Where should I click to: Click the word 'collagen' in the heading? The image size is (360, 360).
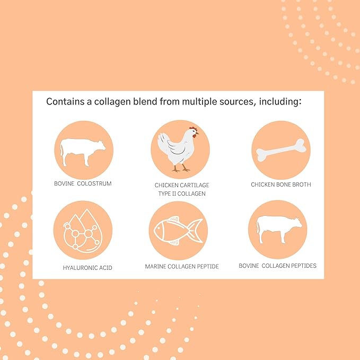112,102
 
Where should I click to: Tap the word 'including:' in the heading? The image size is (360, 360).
280,101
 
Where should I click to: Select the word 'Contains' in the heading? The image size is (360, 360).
65,101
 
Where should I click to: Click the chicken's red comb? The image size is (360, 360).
194,128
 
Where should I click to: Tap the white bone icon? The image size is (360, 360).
281,150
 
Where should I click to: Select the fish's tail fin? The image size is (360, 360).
196,230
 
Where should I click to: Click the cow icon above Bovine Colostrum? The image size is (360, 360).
83,152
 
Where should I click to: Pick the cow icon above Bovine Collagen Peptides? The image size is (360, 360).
279,229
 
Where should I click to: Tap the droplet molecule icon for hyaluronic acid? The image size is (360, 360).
83,231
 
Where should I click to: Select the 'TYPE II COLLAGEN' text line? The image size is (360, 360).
182,194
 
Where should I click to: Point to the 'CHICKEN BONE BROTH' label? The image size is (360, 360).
281,185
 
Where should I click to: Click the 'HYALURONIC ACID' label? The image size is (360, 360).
87,268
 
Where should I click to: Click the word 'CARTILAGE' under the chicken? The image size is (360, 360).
195,185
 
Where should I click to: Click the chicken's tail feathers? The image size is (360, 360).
163,142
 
